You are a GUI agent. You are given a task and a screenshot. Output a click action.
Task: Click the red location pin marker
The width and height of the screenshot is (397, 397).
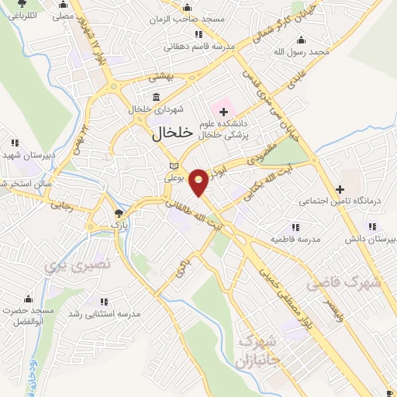pos(199,181)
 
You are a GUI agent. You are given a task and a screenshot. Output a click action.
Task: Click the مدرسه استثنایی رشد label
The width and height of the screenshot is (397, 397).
pos(104,313)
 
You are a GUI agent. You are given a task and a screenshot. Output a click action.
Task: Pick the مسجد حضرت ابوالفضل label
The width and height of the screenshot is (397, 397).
pos(28,316)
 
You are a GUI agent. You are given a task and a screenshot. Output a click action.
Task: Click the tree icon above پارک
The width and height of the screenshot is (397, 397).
pos(118,212)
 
